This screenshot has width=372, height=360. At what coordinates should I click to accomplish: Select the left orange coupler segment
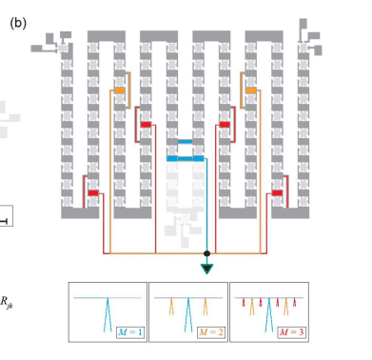tap(120, 90)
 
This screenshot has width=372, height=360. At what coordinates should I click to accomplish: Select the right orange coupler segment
tap(251, 90)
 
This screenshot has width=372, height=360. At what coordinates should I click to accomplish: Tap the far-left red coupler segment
tap(94, 193)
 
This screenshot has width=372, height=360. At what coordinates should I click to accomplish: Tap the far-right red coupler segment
tap(278, 193)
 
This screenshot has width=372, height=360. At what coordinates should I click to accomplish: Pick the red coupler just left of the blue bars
tap(147, 124)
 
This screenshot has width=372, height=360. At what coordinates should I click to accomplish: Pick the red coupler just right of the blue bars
tap(225, 124)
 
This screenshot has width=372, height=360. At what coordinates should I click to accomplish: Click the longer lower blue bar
tap(186, 159)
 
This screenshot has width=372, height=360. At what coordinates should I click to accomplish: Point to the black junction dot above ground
tap(207, 254)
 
